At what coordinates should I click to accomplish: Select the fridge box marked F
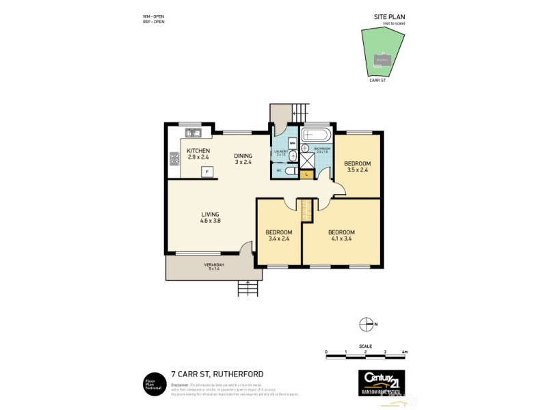[206, 172]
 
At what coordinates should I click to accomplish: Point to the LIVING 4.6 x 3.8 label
[210, 217]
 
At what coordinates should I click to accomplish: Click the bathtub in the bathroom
[317, 134]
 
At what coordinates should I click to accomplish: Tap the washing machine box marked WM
[292, 143]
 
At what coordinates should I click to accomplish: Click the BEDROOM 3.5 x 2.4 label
[357, 166]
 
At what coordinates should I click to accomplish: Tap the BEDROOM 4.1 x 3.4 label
[341, 234]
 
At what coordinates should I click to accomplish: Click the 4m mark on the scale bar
[405, 352]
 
